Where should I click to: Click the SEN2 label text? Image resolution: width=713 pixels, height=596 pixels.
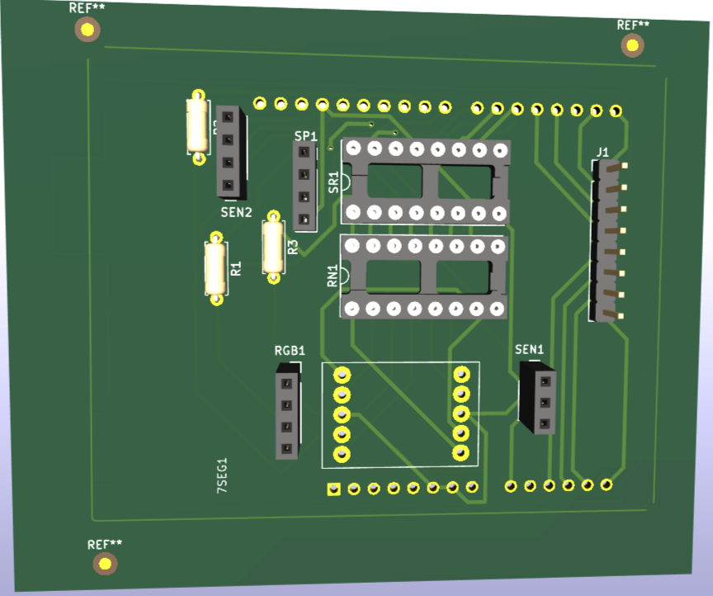(x=236, y=212)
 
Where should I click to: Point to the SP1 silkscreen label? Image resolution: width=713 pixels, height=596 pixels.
(x=305, y=135)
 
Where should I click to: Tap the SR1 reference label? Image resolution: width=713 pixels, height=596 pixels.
(x=333, y=182)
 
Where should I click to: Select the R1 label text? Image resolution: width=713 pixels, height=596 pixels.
(x=236, y=268)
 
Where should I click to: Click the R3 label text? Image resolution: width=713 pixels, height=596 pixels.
(x=292, y=246)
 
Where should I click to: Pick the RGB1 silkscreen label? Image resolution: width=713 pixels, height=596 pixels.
(x=290, y=350)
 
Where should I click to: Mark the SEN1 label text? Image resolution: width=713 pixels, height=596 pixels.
(x=530, y=349)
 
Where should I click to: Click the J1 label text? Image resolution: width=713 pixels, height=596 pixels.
(x=602, y=152)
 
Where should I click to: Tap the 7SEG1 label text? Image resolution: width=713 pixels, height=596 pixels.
(x=221, y=475)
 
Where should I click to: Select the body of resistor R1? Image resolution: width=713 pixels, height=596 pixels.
(x=216, y=268)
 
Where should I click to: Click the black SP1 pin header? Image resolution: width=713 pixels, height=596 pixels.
(x=305, y=186)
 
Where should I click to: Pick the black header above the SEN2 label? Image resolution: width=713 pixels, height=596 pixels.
(x=230, y=153)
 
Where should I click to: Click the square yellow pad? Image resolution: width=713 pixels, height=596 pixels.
(x=333, y=490)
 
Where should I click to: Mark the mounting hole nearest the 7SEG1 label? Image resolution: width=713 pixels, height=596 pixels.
(x=105, y=564)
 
